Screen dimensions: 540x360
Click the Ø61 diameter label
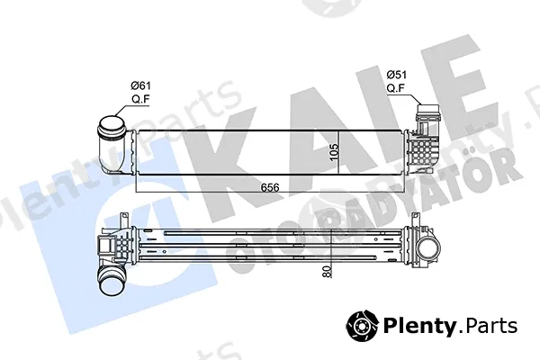[141, 85]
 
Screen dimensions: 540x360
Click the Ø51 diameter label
[396, 75]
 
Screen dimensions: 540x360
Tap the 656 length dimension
[270, 187]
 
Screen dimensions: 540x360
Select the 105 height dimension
[334, 152]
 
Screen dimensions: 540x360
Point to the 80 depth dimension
[327, 272]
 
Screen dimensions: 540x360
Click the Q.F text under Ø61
[141, 99]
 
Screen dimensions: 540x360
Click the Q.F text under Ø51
[395, 88]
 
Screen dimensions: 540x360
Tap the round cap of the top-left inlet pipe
[112, 126]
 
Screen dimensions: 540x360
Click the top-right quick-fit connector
[427, 112]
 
